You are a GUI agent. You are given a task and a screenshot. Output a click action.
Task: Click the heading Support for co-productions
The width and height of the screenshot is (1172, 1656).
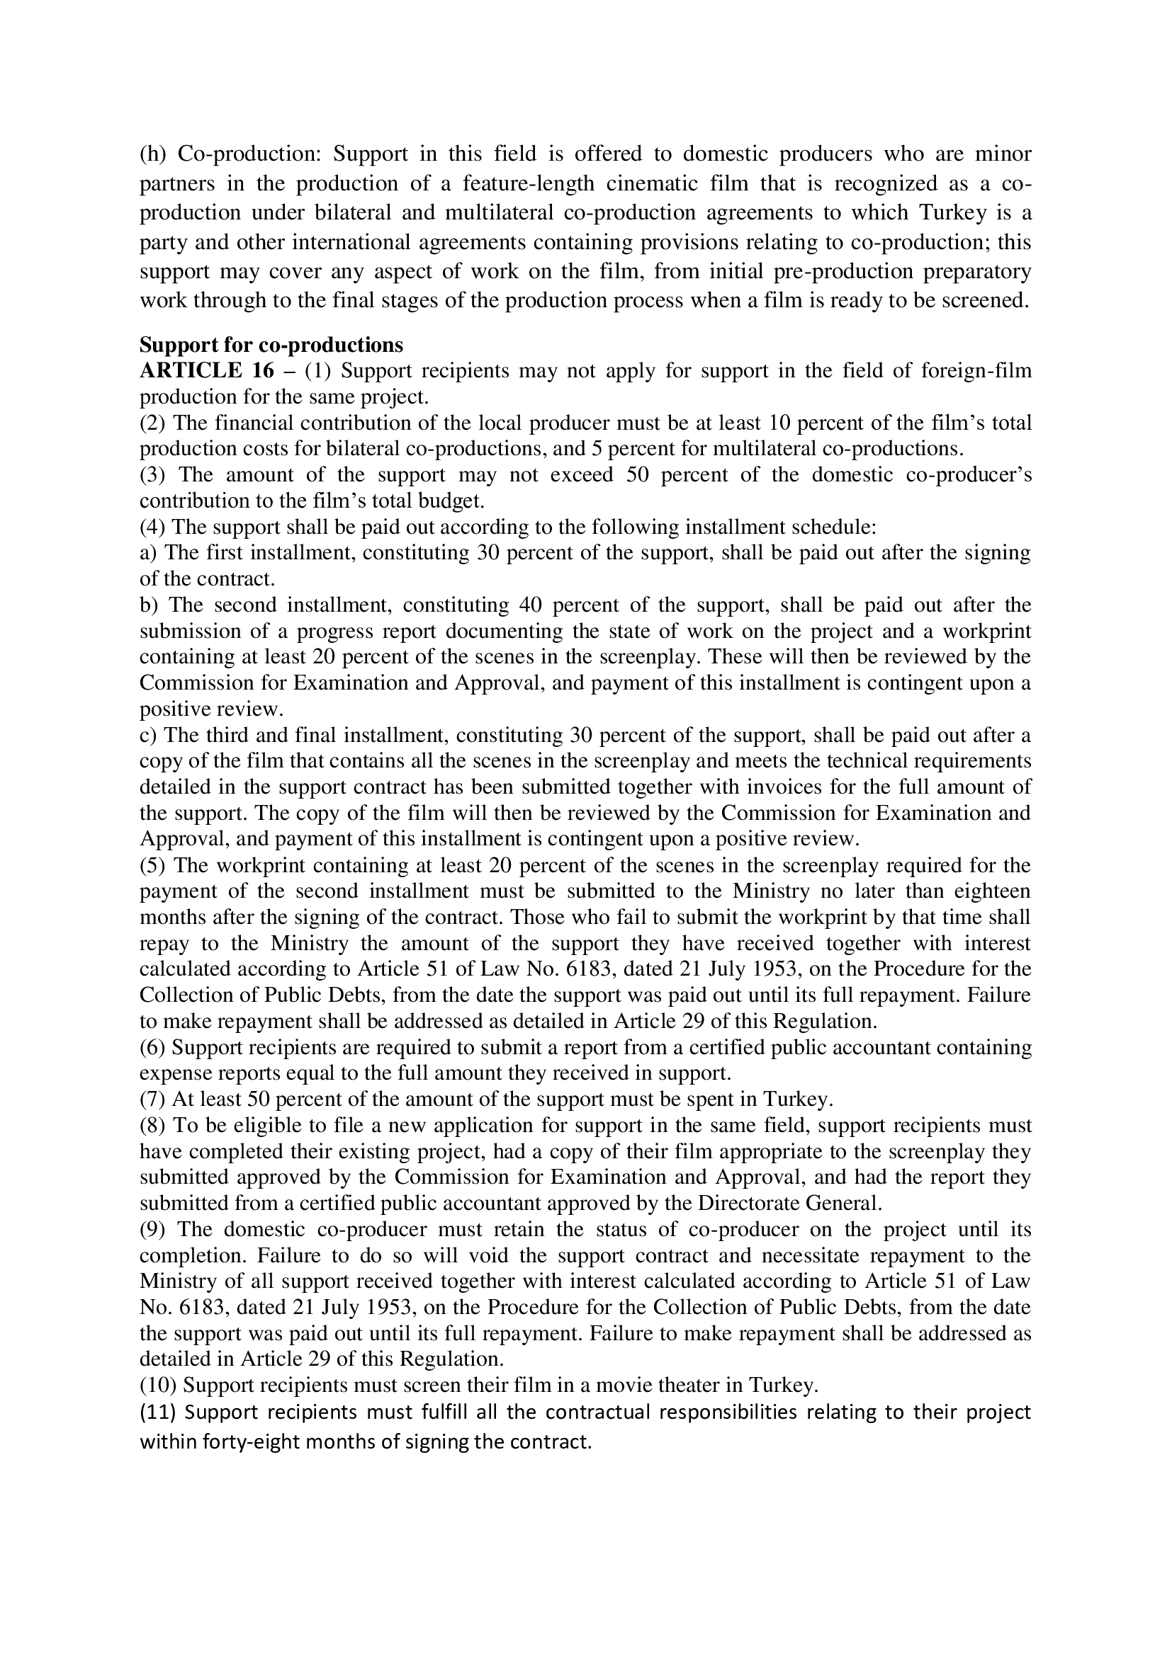click(x=271, y=345)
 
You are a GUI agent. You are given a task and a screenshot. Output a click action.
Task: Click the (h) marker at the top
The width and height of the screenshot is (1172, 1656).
click(x=152, y=154)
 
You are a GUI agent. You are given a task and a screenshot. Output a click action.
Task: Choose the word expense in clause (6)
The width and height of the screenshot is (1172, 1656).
click(x=168, y=1073)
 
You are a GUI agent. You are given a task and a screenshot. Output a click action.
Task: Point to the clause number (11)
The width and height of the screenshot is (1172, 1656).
click(x=158, y=1412)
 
